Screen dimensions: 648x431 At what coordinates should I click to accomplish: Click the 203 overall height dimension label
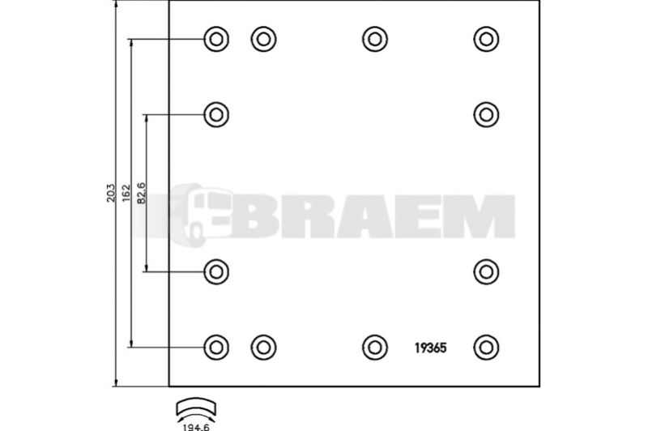tap(110, 193)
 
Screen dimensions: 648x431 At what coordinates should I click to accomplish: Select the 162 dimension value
tap(126, 194)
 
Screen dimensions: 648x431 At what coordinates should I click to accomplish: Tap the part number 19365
tap(431, 348)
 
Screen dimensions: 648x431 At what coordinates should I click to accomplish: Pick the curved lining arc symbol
tap(196, 407)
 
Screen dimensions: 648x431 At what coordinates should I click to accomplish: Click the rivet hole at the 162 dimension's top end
tap(216, 39)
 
